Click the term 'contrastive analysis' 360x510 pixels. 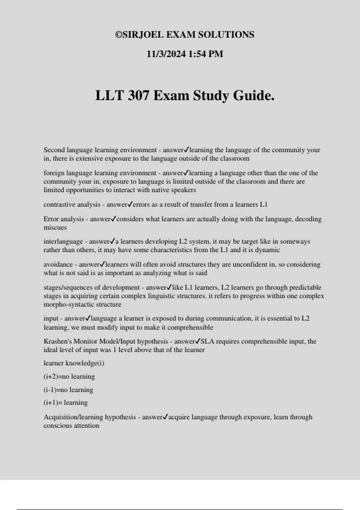(x=72, y=205)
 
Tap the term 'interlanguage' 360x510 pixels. (x=63, y=241)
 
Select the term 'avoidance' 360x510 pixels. (x=58, y=265)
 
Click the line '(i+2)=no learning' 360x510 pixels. (x=69, y=376)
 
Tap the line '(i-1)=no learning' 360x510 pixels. (x=68, y=390)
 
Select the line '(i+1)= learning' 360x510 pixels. (x=65, y=403)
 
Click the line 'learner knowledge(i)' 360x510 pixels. (x=74, y=363)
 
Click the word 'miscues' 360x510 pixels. (x=55, y=227)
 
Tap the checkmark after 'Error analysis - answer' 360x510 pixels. (x=113, y=219)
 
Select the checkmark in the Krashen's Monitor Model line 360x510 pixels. (x=198, y=341)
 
